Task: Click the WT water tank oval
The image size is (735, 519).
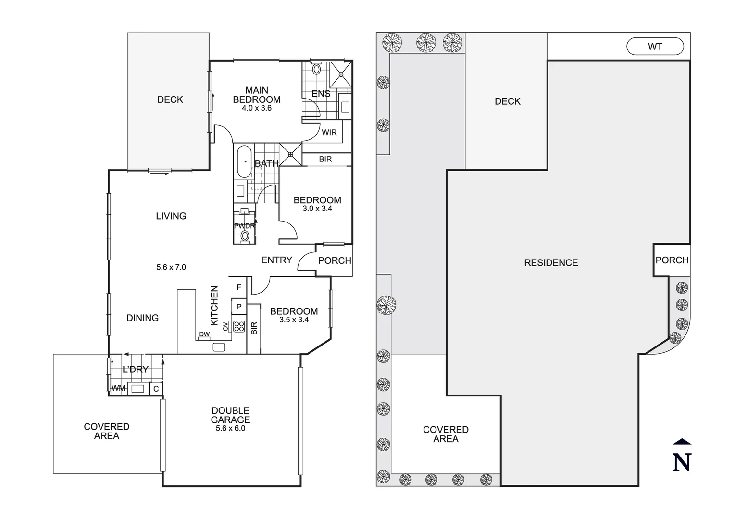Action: (x=655, y=47)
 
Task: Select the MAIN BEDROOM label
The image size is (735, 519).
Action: (x=257, y=95)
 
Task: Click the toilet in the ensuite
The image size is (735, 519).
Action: (x=316, y=68)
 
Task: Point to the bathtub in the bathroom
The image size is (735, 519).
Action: (x=244, y=161)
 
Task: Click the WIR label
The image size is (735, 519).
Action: (x=329, y=133)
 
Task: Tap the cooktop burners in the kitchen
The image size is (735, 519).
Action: (x=239, y=326)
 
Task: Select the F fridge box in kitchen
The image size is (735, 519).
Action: (x=239, y=287)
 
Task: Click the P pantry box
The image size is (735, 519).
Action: (x=239, y=307)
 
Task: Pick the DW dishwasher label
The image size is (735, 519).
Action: (x=204, y=334)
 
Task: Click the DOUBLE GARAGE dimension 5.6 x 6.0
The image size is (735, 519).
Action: (x=230, y=428)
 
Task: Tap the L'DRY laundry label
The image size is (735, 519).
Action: (x=136, y=370)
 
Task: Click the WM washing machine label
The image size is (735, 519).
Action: (x=118, y=388)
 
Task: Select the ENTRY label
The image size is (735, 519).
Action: (x=276, y=260)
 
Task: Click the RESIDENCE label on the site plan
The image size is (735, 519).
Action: (x=551, y=262)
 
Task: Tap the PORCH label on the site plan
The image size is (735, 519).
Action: (x=672, y=260)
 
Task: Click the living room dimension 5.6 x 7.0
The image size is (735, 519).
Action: (x=171, y=267)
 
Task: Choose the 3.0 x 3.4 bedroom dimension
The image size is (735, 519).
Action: (x=317, y=209)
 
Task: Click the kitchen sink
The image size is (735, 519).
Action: (x=219, y=347)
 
